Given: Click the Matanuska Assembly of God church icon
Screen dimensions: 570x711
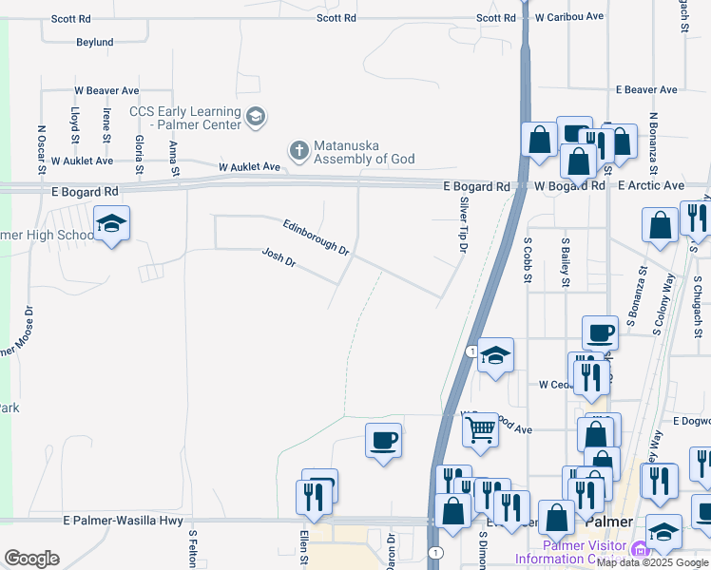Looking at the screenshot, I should [x=298, y=150].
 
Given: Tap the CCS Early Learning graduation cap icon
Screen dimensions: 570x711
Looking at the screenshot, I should [x=255, y=117].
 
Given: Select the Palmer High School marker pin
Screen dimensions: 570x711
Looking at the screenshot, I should [x=112, y=224].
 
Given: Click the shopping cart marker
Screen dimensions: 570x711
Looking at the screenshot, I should [x=481, y=429].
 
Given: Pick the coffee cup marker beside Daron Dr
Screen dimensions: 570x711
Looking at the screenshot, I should [x=383, y=440].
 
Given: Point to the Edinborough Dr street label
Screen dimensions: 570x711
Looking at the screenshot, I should [x=317, y=237].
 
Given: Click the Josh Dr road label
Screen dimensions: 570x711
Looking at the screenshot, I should [x=279, y=257].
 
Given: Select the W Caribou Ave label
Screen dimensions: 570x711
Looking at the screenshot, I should [x=569, y=17].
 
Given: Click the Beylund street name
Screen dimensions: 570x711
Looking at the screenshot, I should [x=95, y=42].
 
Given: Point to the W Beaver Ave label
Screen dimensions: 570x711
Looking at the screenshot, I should [x=107, y=90].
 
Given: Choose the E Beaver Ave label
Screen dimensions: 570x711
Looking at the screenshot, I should [x=646, y=89].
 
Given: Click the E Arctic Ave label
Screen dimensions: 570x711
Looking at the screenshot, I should [x=651, y=185].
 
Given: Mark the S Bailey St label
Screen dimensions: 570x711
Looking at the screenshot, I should [x=566, y=261].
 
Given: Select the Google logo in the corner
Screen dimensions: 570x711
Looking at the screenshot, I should [x=31, y=558].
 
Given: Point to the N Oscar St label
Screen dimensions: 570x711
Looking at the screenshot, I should [x=41, y=150].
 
